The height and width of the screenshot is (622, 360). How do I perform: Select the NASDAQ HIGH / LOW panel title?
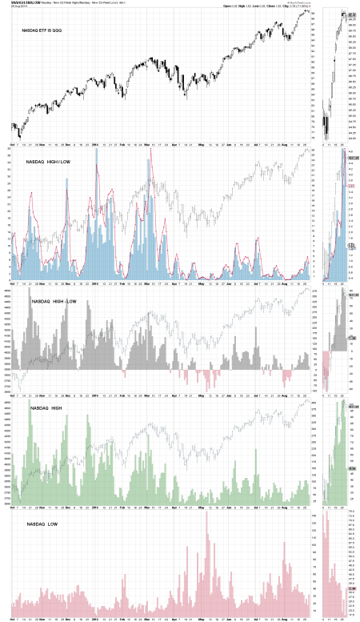click(x=49, y=162)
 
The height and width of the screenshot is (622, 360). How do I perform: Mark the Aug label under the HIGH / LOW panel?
click(x=284, y=283)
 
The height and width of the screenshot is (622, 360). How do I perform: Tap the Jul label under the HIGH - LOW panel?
click(x=257, y=395)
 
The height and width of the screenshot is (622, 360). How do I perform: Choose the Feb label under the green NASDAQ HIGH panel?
click(x=122, y=506)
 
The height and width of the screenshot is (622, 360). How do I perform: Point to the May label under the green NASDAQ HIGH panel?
click(x=202, y=506)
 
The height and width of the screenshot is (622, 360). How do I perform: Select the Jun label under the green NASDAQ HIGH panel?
click(x=230, y=506)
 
